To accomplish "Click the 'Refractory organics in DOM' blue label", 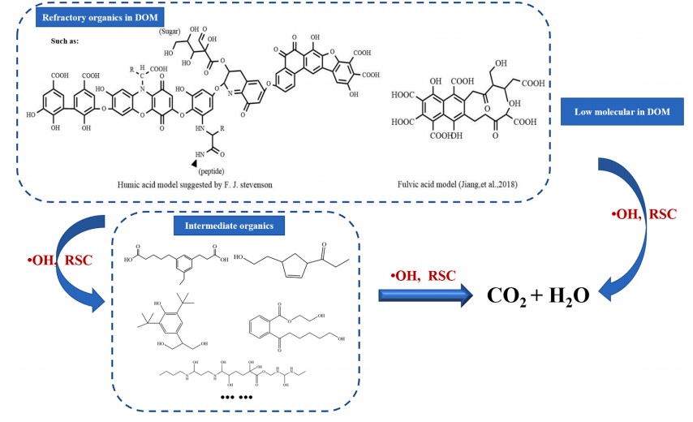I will point(93,18).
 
